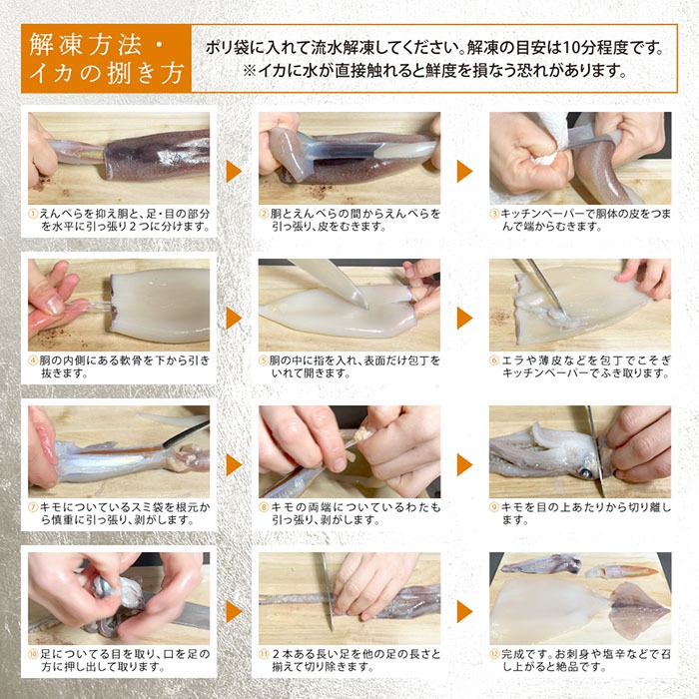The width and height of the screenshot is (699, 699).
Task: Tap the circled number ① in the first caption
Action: tap(33, 214)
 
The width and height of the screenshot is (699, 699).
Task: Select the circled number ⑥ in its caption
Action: tap(494, 359)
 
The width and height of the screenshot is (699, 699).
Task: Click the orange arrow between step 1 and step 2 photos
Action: tap(233, 171)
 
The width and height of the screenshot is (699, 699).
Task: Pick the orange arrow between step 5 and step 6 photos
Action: tap(464, 318)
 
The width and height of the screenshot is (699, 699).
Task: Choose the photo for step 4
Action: tap(119, 302)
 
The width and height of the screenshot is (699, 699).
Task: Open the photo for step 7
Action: tap(119, 448)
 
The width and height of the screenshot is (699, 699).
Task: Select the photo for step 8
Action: tap(349, 448)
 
